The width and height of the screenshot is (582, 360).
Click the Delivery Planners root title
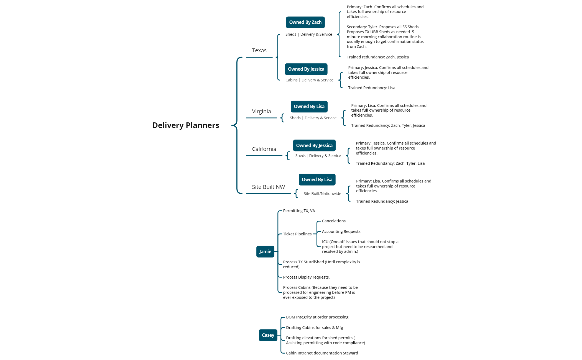(186, 125)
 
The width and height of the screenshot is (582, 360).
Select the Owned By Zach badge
(305, 22)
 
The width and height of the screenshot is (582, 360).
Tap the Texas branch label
(259, 50)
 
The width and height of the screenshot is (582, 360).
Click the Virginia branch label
(261, 111)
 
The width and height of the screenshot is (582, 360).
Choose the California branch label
(264, 149)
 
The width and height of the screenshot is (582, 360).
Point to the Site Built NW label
(268, 187)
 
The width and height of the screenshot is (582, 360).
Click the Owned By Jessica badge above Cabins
(306, 69)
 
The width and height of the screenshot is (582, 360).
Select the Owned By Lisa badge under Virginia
(309, 107)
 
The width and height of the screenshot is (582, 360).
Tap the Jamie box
(265, 251)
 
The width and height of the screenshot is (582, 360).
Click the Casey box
(268, 335)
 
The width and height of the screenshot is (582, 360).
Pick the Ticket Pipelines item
(297, 234)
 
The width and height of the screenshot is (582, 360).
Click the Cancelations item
(334, 221)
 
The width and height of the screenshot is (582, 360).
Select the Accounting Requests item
(341, 232)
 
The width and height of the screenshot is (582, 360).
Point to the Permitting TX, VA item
(299, 211)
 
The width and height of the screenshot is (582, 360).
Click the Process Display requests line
(306, 277)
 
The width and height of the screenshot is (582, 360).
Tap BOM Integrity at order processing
(317, 317)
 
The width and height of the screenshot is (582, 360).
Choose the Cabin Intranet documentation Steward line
(322, 353)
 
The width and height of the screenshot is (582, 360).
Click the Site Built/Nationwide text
(322, 194)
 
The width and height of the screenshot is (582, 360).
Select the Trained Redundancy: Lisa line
(371, 88)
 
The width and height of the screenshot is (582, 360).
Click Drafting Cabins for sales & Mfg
(314, 328)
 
